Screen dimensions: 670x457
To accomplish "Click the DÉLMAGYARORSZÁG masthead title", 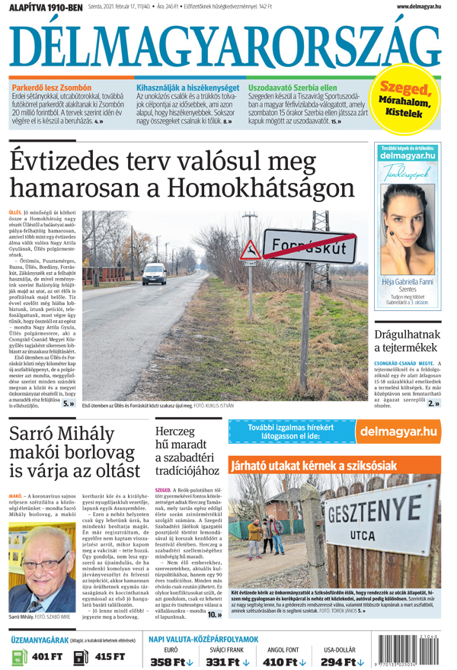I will point(225,46).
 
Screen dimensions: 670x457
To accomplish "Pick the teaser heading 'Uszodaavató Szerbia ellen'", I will point(292,88).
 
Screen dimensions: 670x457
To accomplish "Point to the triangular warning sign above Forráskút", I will point(250,248).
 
